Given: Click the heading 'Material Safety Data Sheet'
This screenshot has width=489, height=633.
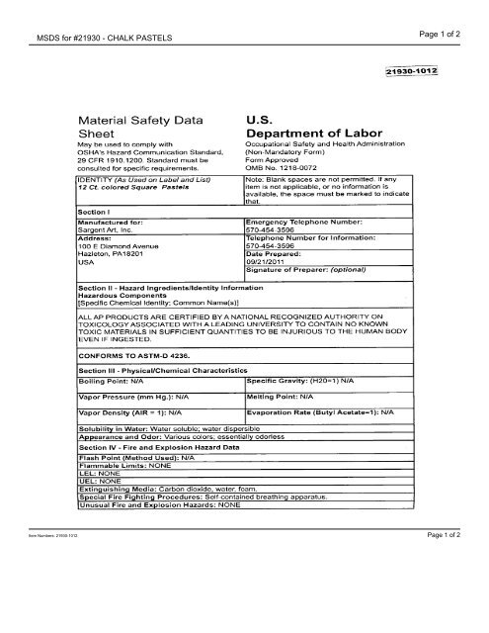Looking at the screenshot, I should (138, 122).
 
